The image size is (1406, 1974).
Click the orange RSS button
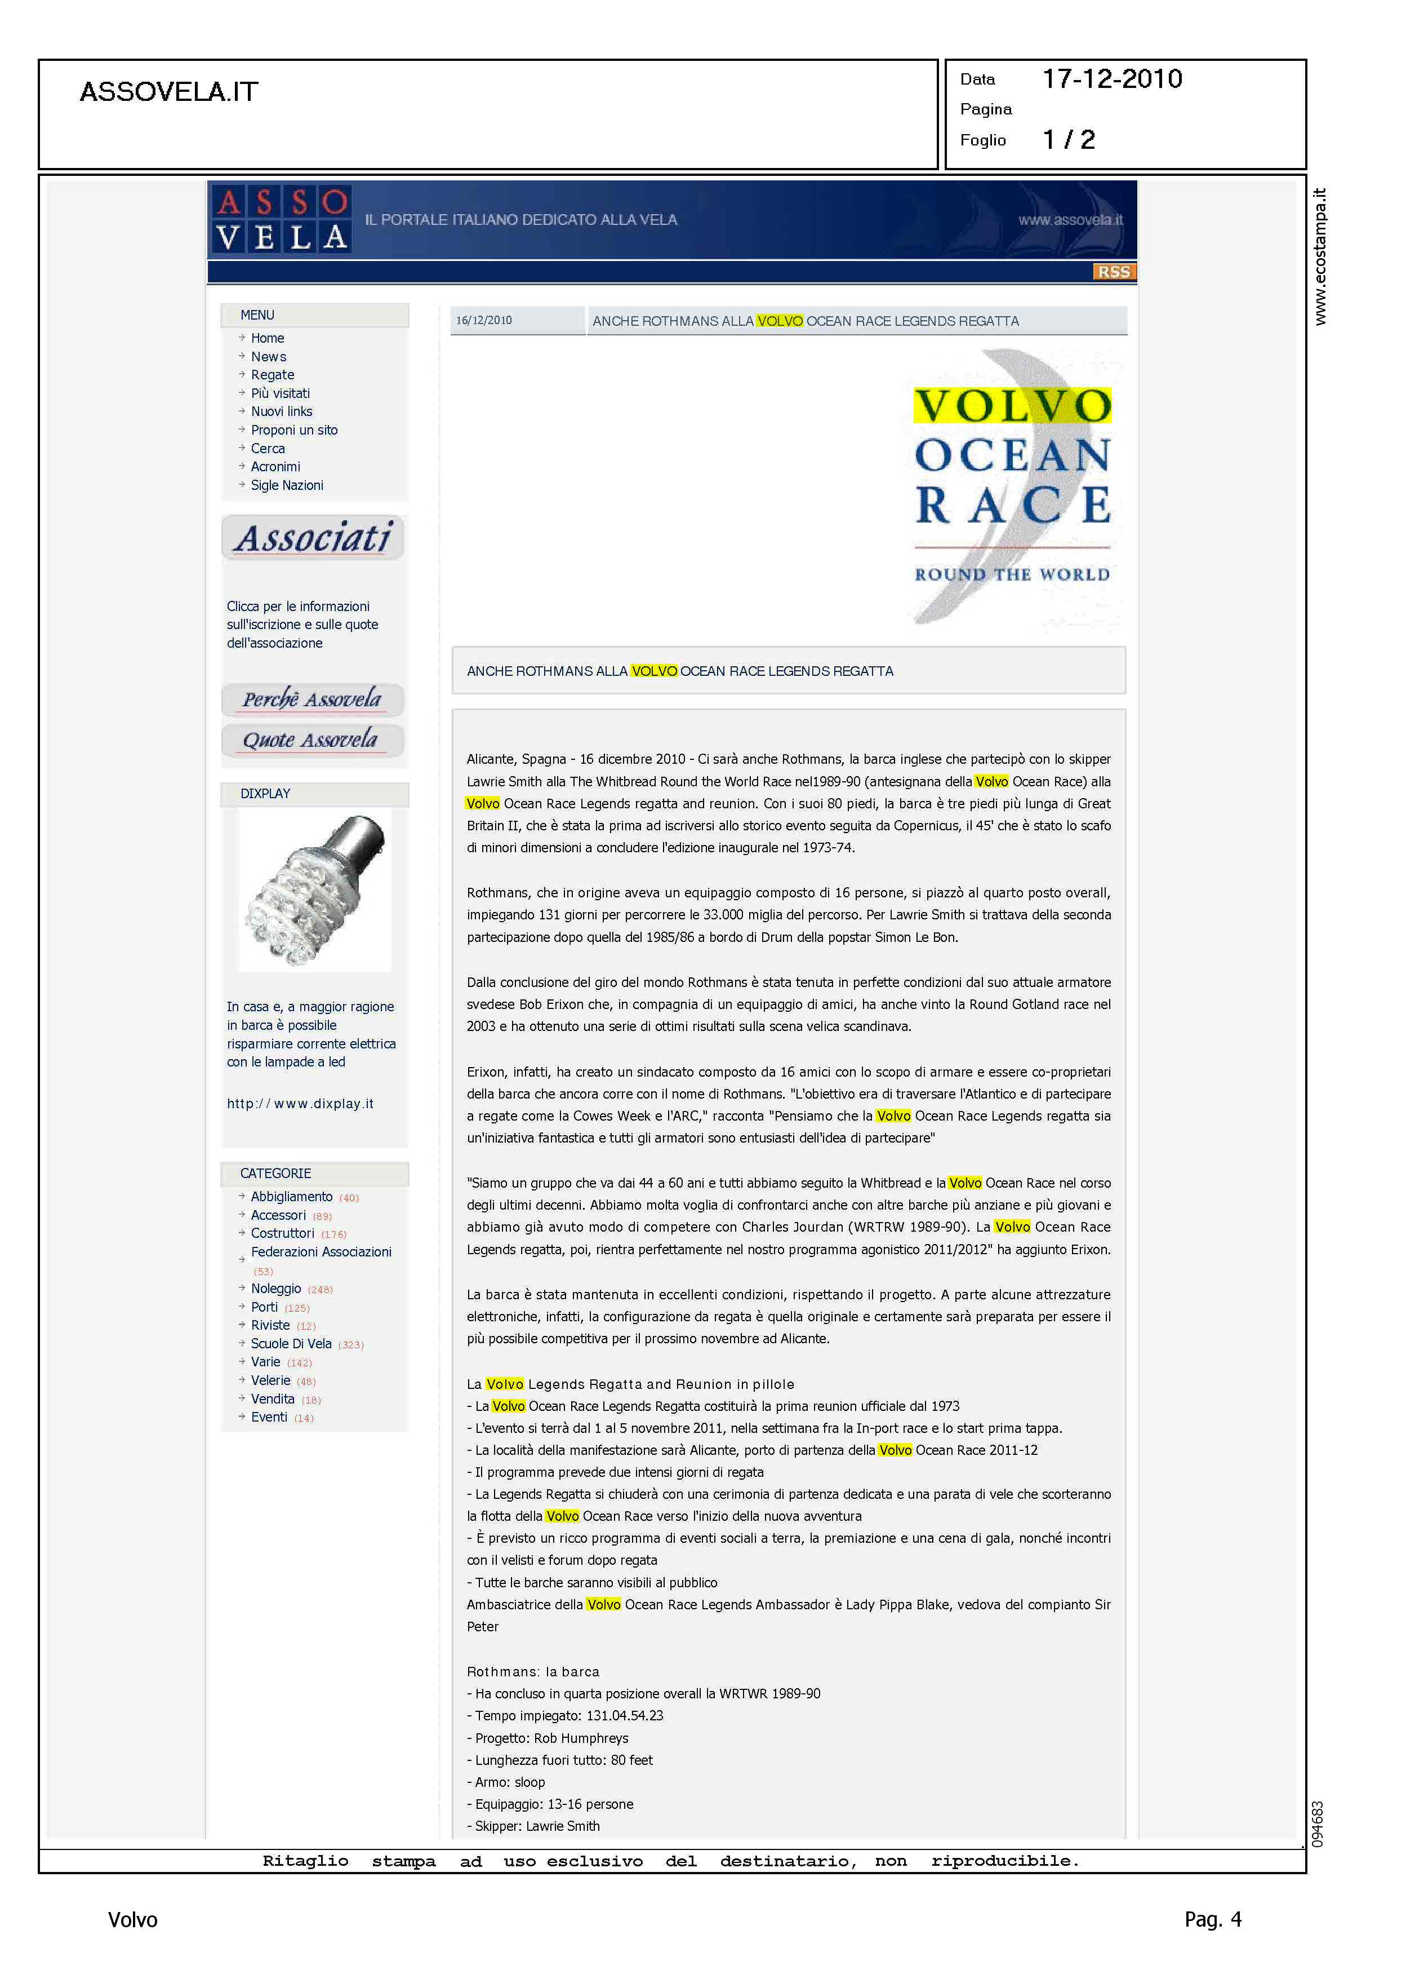tap(1114, 272)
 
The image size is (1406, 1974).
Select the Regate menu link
tap(272, 375)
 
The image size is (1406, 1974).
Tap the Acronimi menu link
tap(275, 467)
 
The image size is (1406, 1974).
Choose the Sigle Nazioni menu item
tap(287, 485)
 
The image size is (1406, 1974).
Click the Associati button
tap(313, 538)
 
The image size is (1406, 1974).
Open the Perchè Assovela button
tap(312, 699)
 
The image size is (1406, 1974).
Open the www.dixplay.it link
tap(300, 1104)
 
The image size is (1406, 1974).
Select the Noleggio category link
tap(275, 1289)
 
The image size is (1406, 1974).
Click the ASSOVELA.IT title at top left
tap(169, 92)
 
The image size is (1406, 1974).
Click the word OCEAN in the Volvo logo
tap(1012, 455)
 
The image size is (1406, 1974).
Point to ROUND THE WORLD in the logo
tap(1012, 574)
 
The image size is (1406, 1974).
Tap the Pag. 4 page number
tap(1212, 1919)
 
